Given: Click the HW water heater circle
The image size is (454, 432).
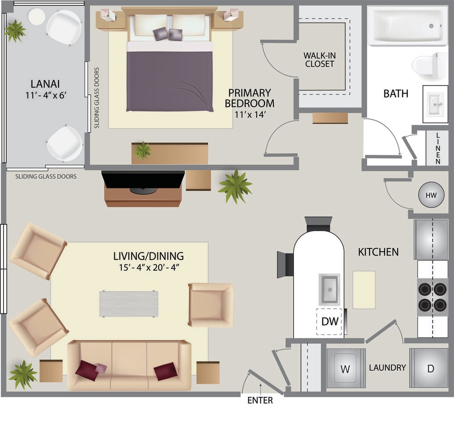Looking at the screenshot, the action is click(431, 195).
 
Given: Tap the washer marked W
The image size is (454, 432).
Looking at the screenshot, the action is click(346, 368).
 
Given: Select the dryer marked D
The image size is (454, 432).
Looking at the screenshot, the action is click(429, 368).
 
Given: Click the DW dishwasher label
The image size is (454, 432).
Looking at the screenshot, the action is click(330, 321).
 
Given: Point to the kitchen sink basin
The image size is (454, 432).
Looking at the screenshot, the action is click(329, 289).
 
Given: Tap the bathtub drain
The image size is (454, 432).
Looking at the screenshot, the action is click(431, 26).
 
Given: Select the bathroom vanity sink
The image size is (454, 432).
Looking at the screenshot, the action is click(435, 104).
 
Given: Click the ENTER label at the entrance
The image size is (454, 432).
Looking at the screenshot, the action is click(260, 401).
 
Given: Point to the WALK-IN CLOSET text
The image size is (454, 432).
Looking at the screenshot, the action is click(320, 60).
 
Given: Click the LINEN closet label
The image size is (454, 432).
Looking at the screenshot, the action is click(438, 148).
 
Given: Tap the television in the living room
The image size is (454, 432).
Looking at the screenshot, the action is click(143, 181).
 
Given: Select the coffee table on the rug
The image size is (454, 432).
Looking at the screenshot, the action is click(129, 304).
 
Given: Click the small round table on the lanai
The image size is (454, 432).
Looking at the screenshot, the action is click(36, 16).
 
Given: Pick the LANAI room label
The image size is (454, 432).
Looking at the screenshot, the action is click(45, 84).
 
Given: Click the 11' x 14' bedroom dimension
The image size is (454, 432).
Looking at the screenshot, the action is click(250, 114).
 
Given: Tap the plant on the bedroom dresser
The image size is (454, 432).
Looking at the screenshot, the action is click(142, 150).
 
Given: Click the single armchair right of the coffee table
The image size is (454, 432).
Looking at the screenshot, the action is click(211, 305).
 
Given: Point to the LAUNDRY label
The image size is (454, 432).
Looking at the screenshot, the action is click(387, 367).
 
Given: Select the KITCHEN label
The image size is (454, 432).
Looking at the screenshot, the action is click(378, 252).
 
